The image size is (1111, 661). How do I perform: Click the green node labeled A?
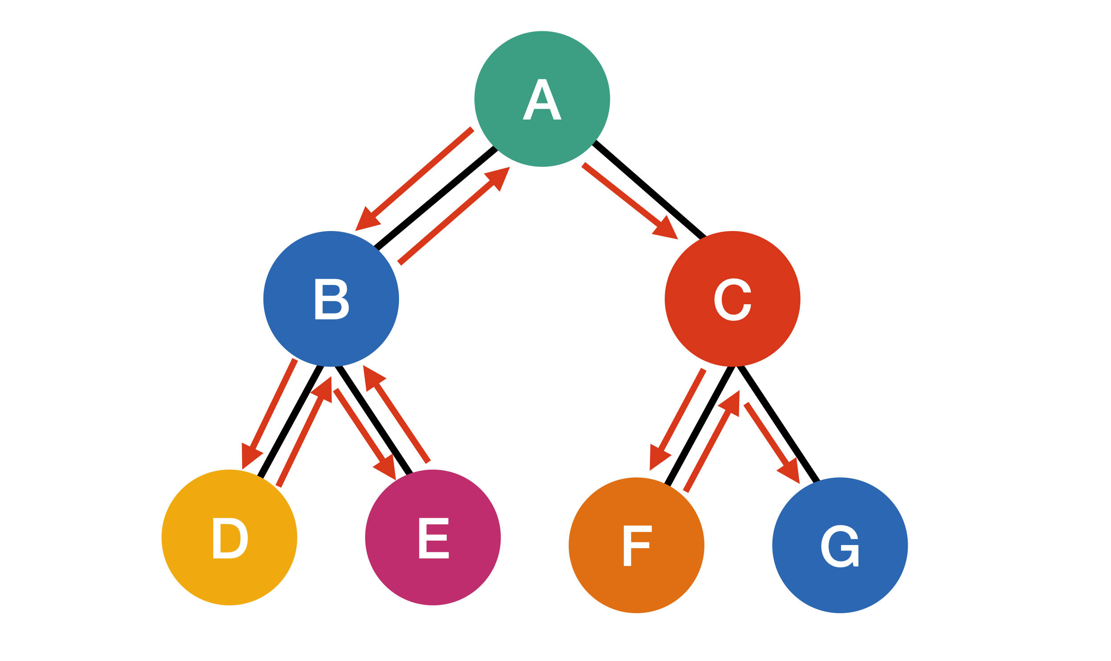click(x=542, y=99)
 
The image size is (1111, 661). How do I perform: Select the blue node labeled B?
click(x=331, y=299)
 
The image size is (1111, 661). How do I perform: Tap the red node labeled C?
click(x=732, y=299)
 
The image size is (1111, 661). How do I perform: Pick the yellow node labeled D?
click(x=229, y=537)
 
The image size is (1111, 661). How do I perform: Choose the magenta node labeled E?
click(x=432, y=537)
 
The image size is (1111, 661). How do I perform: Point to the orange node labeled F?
click(x=636, y=545)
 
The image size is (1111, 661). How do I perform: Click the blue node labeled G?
click(x=839, y=545)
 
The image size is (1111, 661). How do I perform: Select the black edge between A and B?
click(x=436, y=198)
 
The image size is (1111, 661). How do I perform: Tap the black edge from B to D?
click(x=290, y=421)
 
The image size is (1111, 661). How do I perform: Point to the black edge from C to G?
click(x=778, y=424)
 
